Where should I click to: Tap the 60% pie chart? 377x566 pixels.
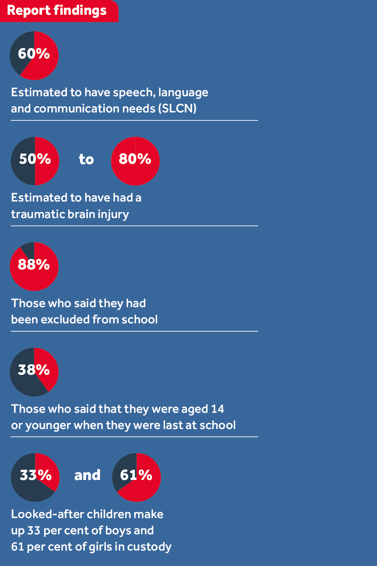(34, 55)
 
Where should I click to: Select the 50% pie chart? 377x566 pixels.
(35, 161)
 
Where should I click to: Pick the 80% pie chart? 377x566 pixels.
(135, 161)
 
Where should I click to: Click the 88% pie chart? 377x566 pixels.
(34, 266)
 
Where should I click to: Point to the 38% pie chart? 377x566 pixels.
(34, 372)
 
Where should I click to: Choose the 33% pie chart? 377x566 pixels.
(35, 477)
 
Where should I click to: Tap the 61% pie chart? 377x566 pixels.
(136, 477)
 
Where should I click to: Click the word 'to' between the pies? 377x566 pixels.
(86, 159)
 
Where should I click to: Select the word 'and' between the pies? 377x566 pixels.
(87, 475)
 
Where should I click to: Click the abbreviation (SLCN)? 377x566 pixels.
(177, 109)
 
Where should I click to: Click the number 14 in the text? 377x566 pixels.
(218, 409)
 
